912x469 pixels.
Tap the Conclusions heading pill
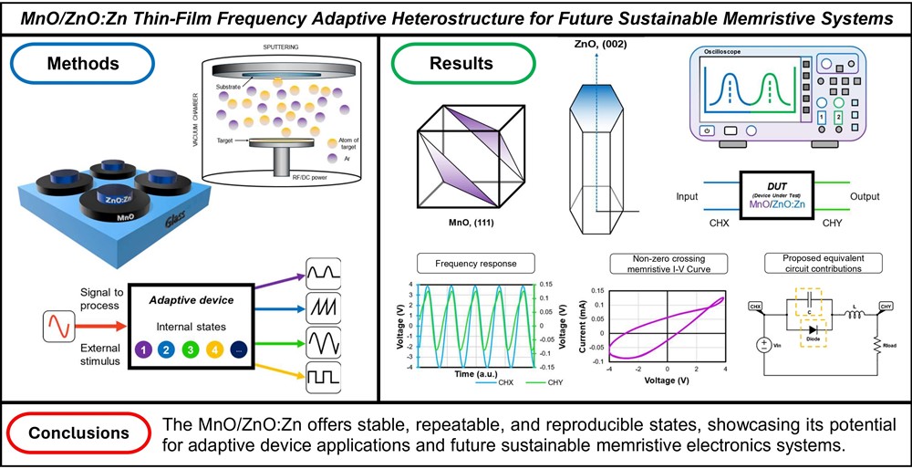coord(79,433)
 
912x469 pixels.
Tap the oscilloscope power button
coord(706,131)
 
